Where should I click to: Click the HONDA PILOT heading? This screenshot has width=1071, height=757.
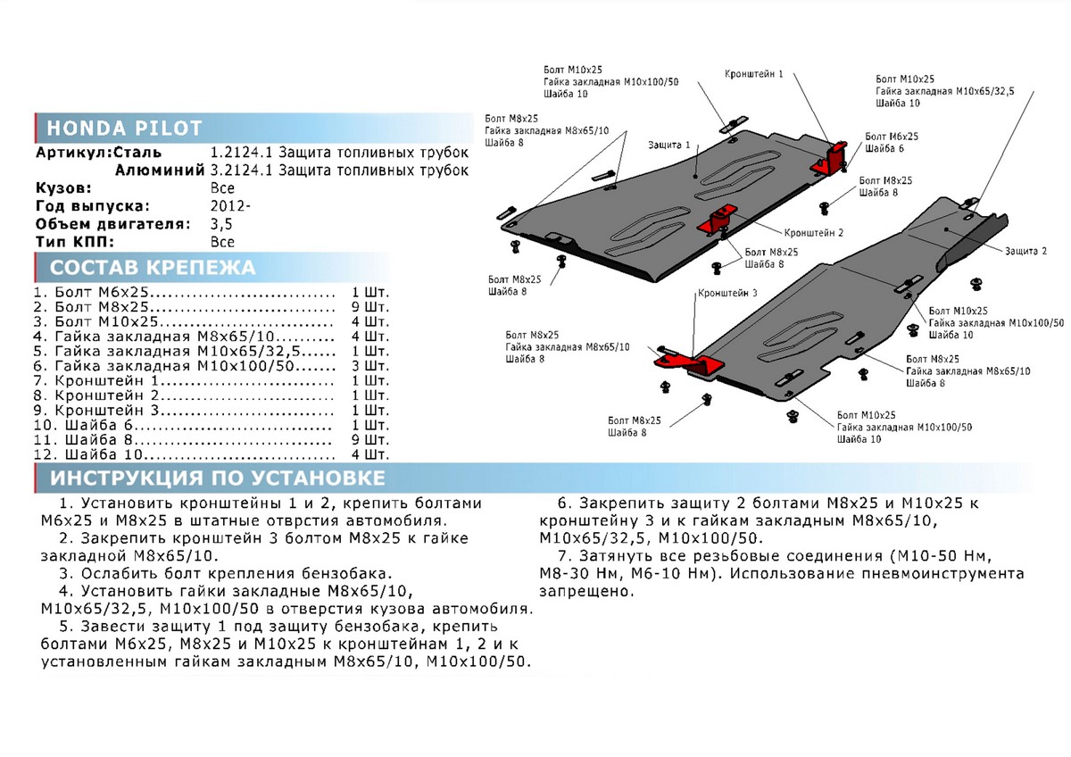coord(125,128)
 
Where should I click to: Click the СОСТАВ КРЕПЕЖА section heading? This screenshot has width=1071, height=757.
coord(152,268)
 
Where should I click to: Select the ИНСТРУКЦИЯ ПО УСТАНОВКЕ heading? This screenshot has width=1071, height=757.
coord(218,478)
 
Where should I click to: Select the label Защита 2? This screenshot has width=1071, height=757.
coord(1025,252)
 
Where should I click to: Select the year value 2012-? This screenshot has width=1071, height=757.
coord(230,206)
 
